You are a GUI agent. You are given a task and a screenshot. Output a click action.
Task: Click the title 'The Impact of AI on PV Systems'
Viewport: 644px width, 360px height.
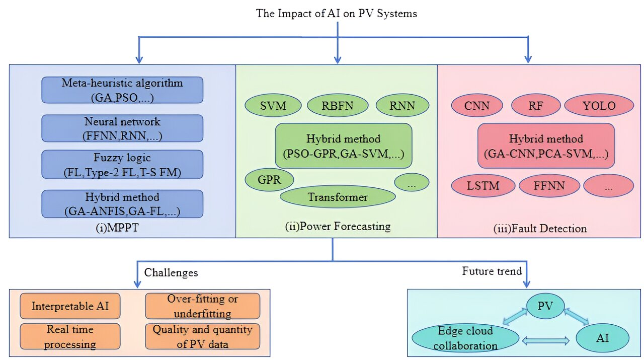[337, 14]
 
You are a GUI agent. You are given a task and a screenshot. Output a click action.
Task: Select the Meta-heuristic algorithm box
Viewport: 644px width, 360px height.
[122, 90]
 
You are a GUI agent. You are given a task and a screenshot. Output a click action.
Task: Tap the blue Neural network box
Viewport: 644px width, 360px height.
[122, 128]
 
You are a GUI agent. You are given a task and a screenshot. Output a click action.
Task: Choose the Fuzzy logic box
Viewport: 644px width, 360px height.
[122, 164]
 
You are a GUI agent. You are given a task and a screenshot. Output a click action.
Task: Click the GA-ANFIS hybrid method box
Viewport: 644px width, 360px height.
[122, 203]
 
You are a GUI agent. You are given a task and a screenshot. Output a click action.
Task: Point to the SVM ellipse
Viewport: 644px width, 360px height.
[273, 106]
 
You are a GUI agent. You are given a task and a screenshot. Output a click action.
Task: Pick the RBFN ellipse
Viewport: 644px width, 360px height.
[338, 106]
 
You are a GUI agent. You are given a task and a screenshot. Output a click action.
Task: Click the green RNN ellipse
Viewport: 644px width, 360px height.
[402, 106]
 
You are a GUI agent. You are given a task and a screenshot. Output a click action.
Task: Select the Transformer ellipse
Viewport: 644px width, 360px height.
[338, 197]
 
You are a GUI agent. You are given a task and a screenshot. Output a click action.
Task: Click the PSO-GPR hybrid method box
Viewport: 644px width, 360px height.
[343, 146]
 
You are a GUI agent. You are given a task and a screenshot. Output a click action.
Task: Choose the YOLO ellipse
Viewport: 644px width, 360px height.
[599, 106]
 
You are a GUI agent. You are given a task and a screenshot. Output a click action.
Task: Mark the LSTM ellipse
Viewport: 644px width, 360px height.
[483, 186]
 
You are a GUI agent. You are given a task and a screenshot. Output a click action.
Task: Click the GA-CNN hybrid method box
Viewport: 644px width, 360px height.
[546, 146]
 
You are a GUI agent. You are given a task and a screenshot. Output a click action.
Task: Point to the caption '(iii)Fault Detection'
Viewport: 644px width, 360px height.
[540, 229]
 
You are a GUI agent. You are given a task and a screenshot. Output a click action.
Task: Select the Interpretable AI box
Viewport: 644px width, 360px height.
[70, 306]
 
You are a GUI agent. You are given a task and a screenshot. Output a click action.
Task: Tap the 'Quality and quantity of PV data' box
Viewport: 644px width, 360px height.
[202, 336]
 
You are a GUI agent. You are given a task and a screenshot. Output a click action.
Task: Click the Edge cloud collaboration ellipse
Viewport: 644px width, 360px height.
[465, 338]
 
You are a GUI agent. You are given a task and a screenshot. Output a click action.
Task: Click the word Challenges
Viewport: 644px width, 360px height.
[171, 273]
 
